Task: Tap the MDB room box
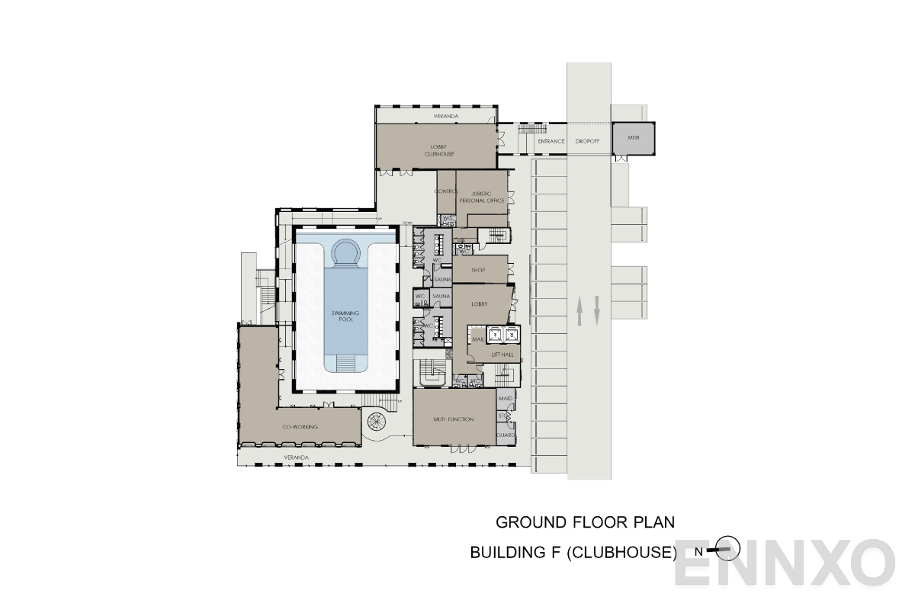click(632, 138)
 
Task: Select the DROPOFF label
click(588, 141)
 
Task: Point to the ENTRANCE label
click(551, 141)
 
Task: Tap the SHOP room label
click(478, 270)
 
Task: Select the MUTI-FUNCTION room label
click(454, 419)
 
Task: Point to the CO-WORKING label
click(300, 427)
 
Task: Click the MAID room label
click(505, 399)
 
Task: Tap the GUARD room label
click(506, 435)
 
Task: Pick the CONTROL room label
click(446, 191)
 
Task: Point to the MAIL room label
click(478, 339)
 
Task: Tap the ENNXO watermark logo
click(785, 563)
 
